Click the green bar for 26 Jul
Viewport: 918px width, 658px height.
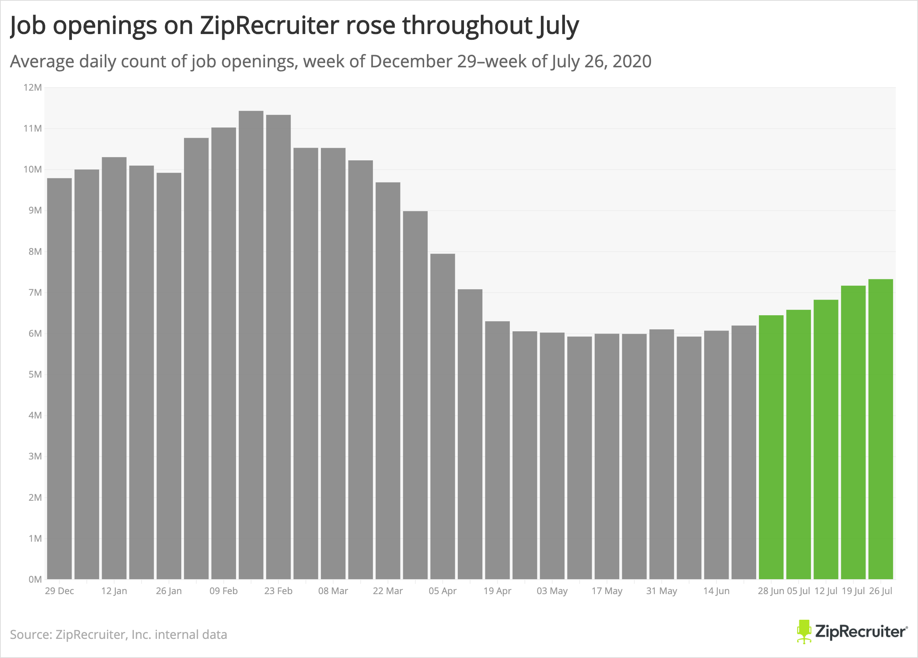(x=881, y=429)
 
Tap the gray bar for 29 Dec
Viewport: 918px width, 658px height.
(x=60, y=379)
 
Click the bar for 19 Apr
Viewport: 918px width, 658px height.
(x=498, y=450)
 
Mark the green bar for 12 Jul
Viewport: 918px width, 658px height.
(x=826, y=439)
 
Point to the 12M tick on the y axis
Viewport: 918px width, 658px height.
(x=33, y=88)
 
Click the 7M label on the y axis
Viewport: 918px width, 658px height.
(x=35, y=292)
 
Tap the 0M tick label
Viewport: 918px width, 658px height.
(x=35, y=580)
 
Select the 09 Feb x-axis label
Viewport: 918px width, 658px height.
(x=223, y=591)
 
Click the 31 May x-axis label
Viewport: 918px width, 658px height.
(x=661, y=591)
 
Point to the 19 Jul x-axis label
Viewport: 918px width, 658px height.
(x=853, y=591)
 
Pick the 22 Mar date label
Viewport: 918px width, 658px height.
(x=388, y=591)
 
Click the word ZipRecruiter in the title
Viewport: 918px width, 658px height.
(x=269, y=25)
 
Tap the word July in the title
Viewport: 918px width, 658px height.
(x=558, y=26)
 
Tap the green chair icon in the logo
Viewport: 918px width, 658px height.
(x=804, y=631)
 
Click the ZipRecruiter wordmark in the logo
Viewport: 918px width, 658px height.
(x=861, y=632)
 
